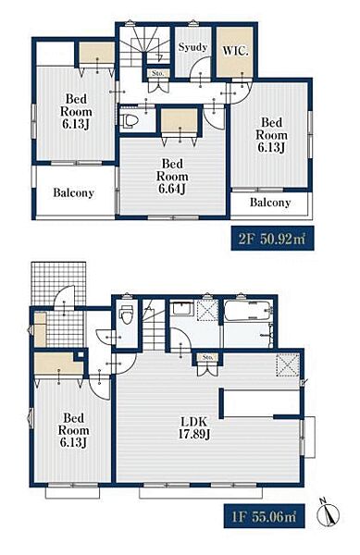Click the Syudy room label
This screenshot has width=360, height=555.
[x=192, y=47]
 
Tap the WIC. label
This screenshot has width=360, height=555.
[x=235, y=51]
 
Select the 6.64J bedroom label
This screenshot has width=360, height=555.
[x=172, y=177]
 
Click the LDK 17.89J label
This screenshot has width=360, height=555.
[x=193, y=427]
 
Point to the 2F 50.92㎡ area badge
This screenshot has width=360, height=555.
[x=272, y=239]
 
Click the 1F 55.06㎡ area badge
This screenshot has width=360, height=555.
[x=264, y=516]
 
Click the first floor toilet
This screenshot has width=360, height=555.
[x=126, y=314]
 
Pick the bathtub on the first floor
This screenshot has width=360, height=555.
[x=247, y=311]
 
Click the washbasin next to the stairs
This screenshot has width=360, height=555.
[x=181, y=309]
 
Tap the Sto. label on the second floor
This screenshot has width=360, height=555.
[x=158, y=74]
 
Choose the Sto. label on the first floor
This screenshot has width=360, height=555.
[x=208, y=357]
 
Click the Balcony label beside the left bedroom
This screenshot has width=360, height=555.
[x=74, y=193]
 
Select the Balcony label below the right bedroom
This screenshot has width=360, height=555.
[x=270, y=203]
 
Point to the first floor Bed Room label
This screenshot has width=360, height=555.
[x=74, y=430]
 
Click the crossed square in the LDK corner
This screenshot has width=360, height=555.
[x=288, y=365]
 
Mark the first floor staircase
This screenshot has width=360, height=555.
[x=155, y=325]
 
